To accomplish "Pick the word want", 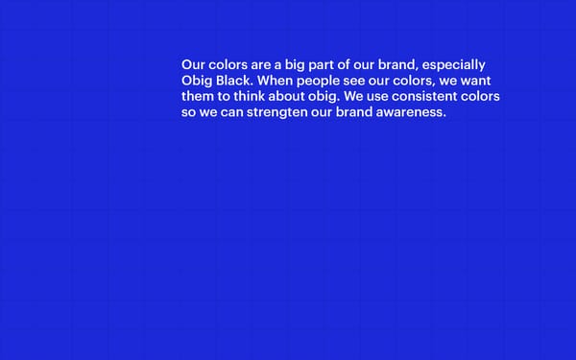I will click(473, 81).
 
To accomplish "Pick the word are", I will click(254, 65).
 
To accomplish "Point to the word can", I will click(231, 112).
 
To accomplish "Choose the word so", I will click(188, 112).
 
